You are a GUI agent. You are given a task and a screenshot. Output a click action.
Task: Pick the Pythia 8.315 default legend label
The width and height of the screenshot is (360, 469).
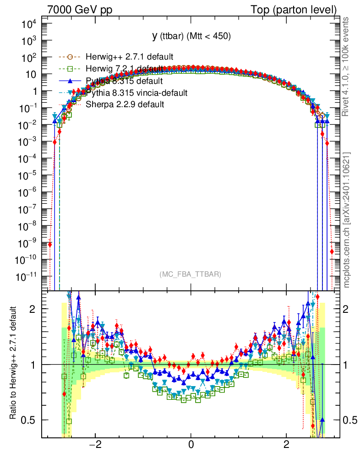point(124,81)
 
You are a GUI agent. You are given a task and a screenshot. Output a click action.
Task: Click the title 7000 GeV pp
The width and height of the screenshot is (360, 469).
point(80,10)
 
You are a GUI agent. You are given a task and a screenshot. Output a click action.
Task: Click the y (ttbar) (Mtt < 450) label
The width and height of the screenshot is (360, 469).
point(191,36)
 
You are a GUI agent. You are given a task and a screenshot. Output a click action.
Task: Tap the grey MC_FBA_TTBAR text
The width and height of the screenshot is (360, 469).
point(191,274)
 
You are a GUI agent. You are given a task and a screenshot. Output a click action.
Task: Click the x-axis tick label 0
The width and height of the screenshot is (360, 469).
point(191,444)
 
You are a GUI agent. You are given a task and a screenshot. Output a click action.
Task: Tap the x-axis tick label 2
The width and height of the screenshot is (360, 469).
point(287,444)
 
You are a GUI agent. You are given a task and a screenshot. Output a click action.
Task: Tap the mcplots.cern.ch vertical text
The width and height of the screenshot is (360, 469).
point(346,220)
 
